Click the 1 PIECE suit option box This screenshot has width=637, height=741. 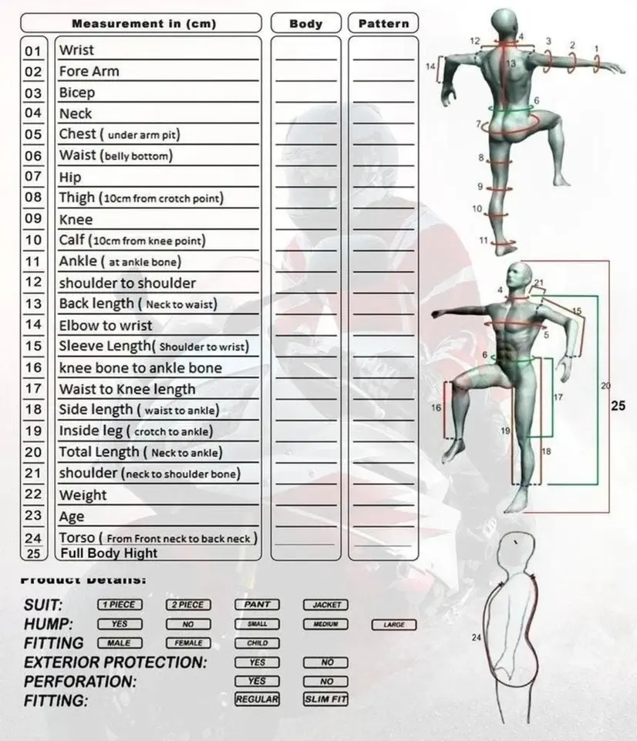120,605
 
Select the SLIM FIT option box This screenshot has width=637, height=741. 325,699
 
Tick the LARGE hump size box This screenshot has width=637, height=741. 394,624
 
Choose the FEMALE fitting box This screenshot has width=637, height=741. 188,643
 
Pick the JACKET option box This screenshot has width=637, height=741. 325,605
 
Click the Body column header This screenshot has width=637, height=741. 306,24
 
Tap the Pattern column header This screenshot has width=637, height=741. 383,24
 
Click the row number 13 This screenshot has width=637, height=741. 33,304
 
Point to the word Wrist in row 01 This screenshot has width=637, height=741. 76,51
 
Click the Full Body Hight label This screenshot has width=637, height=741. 108,553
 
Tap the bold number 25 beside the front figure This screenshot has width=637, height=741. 618,404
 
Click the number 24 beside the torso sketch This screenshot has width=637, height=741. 476,638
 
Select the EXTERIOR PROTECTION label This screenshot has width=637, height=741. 116,662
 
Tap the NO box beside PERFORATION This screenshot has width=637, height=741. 326,682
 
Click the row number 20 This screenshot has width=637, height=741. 33,452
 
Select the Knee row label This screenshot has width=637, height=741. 76,220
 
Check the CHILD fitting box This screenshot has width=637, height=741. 258,643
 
